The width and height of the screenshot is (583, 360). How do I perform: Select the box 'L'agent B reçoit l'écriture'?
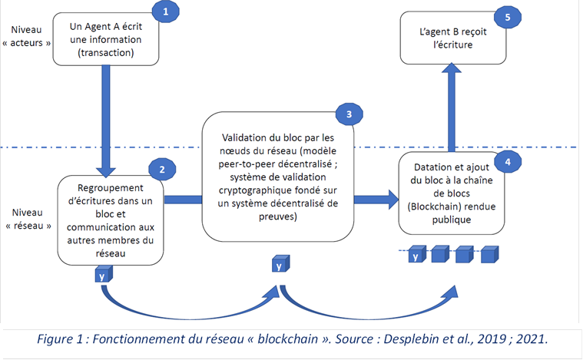point(452,38)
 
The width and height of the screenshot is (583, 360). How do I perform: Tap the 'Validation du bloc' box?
point(279,175)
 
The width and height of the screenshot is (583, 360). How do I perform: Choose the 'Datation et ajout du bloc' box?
point(452,193)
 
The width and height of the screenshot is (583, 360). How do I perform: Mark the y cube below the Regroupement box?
point(101,274)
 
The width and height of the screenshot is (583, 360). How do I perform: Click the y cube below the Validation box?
point(280,265)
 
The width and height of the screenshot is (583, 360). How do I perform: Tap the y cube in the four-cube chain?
point(416,256)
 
